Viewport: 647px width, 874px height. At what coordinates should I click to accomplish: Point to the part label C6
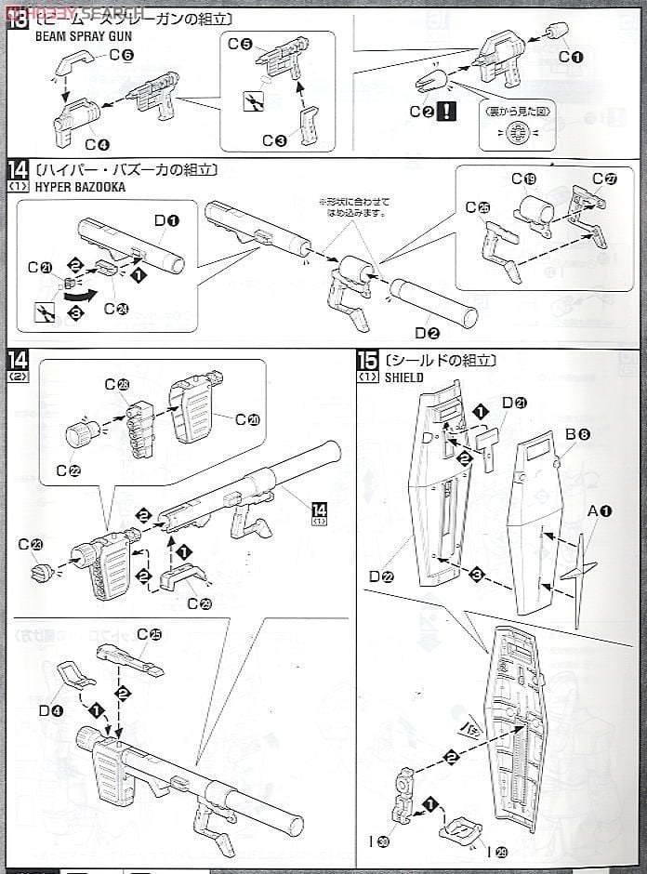[121, 55]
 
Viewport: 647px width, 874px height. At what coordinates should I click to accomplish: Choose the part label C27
[604, 179]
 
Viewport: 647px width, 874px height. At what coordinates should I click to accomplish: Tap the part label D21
[513, 402]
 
